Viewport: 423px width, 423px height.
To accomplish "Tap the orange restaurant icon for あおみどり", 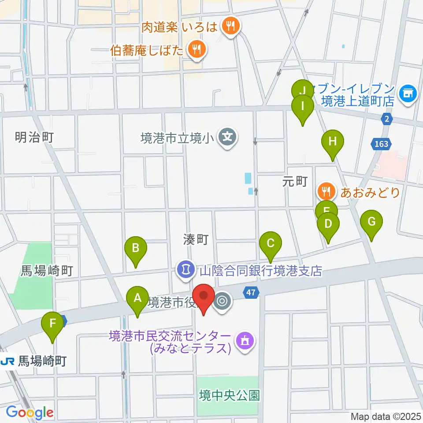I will click(x=326, y=192).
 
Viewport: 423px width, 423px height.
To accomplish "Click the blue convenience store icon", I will click(x=408, y=94).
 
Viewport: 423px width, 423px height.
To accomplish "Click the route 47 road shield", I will click(x=251, y=292).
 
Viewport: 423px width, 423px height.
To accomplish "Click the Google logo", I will click(x=30, y=412).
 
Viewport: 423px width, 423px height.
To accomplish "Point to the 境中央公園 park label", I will click(x=229, y=395).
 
